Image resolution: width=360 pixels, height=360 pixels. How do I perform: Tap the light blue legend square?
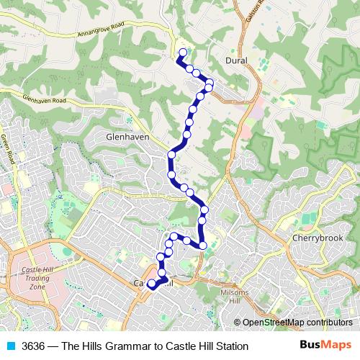(9, 346)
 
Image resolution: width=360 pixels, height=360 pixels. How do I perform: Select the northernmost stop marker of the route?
(182, 52)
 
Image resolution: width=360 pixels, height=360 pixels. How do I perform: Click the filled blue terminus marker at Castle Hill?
(152, 284)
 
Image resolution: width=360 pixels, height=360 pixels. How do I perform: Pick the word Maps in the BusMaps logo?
(339, 346)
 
